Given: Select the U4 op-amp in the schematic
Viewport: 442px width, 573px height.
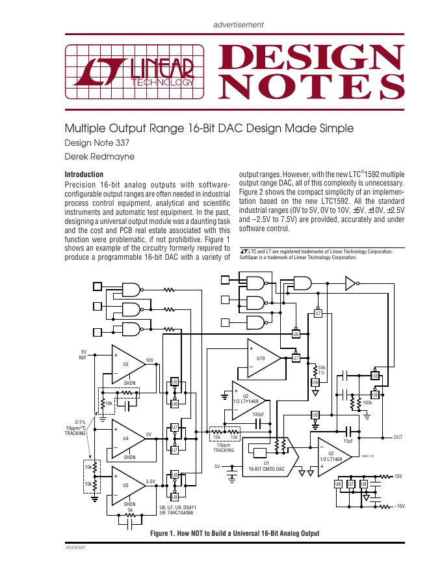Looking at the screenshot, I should [x=127, y=438].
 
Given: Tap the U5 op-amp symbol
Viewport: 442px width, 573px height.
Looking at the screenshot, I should [x=127, y=486].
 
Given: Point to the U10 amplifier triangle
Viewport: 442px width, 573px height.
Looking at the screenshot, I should [x=263, y=358].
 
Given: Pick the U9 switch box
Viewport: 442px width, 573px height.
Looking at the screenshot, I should [x=315, y=382].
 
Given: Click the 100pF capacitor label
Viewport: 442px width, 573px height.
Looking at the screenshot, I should [x=258, y=414].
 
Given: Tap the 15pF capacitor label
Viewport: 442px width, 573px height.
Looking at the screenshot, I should [x=348, y=441].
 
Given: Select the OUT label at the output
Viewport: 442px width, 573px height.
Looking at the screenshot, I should [x=399, y=437].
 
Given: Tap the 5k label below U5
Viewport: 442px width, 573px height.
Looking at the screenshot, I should [x=130, y=510].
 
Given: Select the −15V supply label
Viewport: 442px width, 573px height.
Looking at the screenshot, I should [x=399, y=506].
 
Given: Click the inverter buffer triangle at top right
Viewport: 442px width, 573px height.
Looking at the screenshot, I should [x=350, y=283].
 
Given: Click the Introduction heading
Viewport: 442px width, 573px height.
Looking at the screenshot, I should [x=84, y=175].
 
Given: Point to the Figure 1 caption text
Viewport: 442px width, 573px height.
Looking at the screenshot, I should [x=235, y=533].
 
